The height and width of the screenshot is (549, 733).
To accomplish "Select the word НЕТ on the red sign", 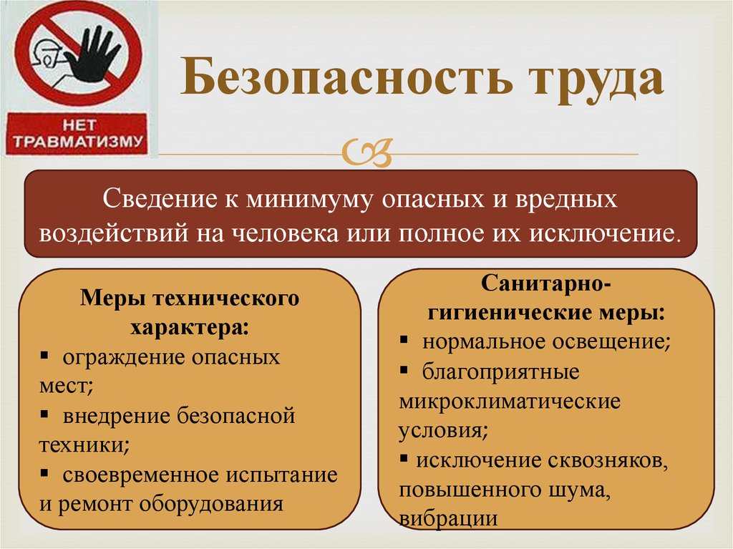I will pos(76,122).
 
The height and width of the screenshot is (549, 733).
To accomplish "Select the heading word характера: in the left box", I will pos(190,327).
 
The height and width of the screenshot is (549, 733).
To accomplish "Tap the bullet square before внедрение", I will pos(46,414).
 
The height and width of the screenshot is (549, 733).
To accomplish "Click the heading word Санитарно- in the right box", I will pos(545,284).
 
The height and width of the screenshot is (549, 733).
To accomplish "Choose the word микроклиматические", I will pos(509,402).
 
